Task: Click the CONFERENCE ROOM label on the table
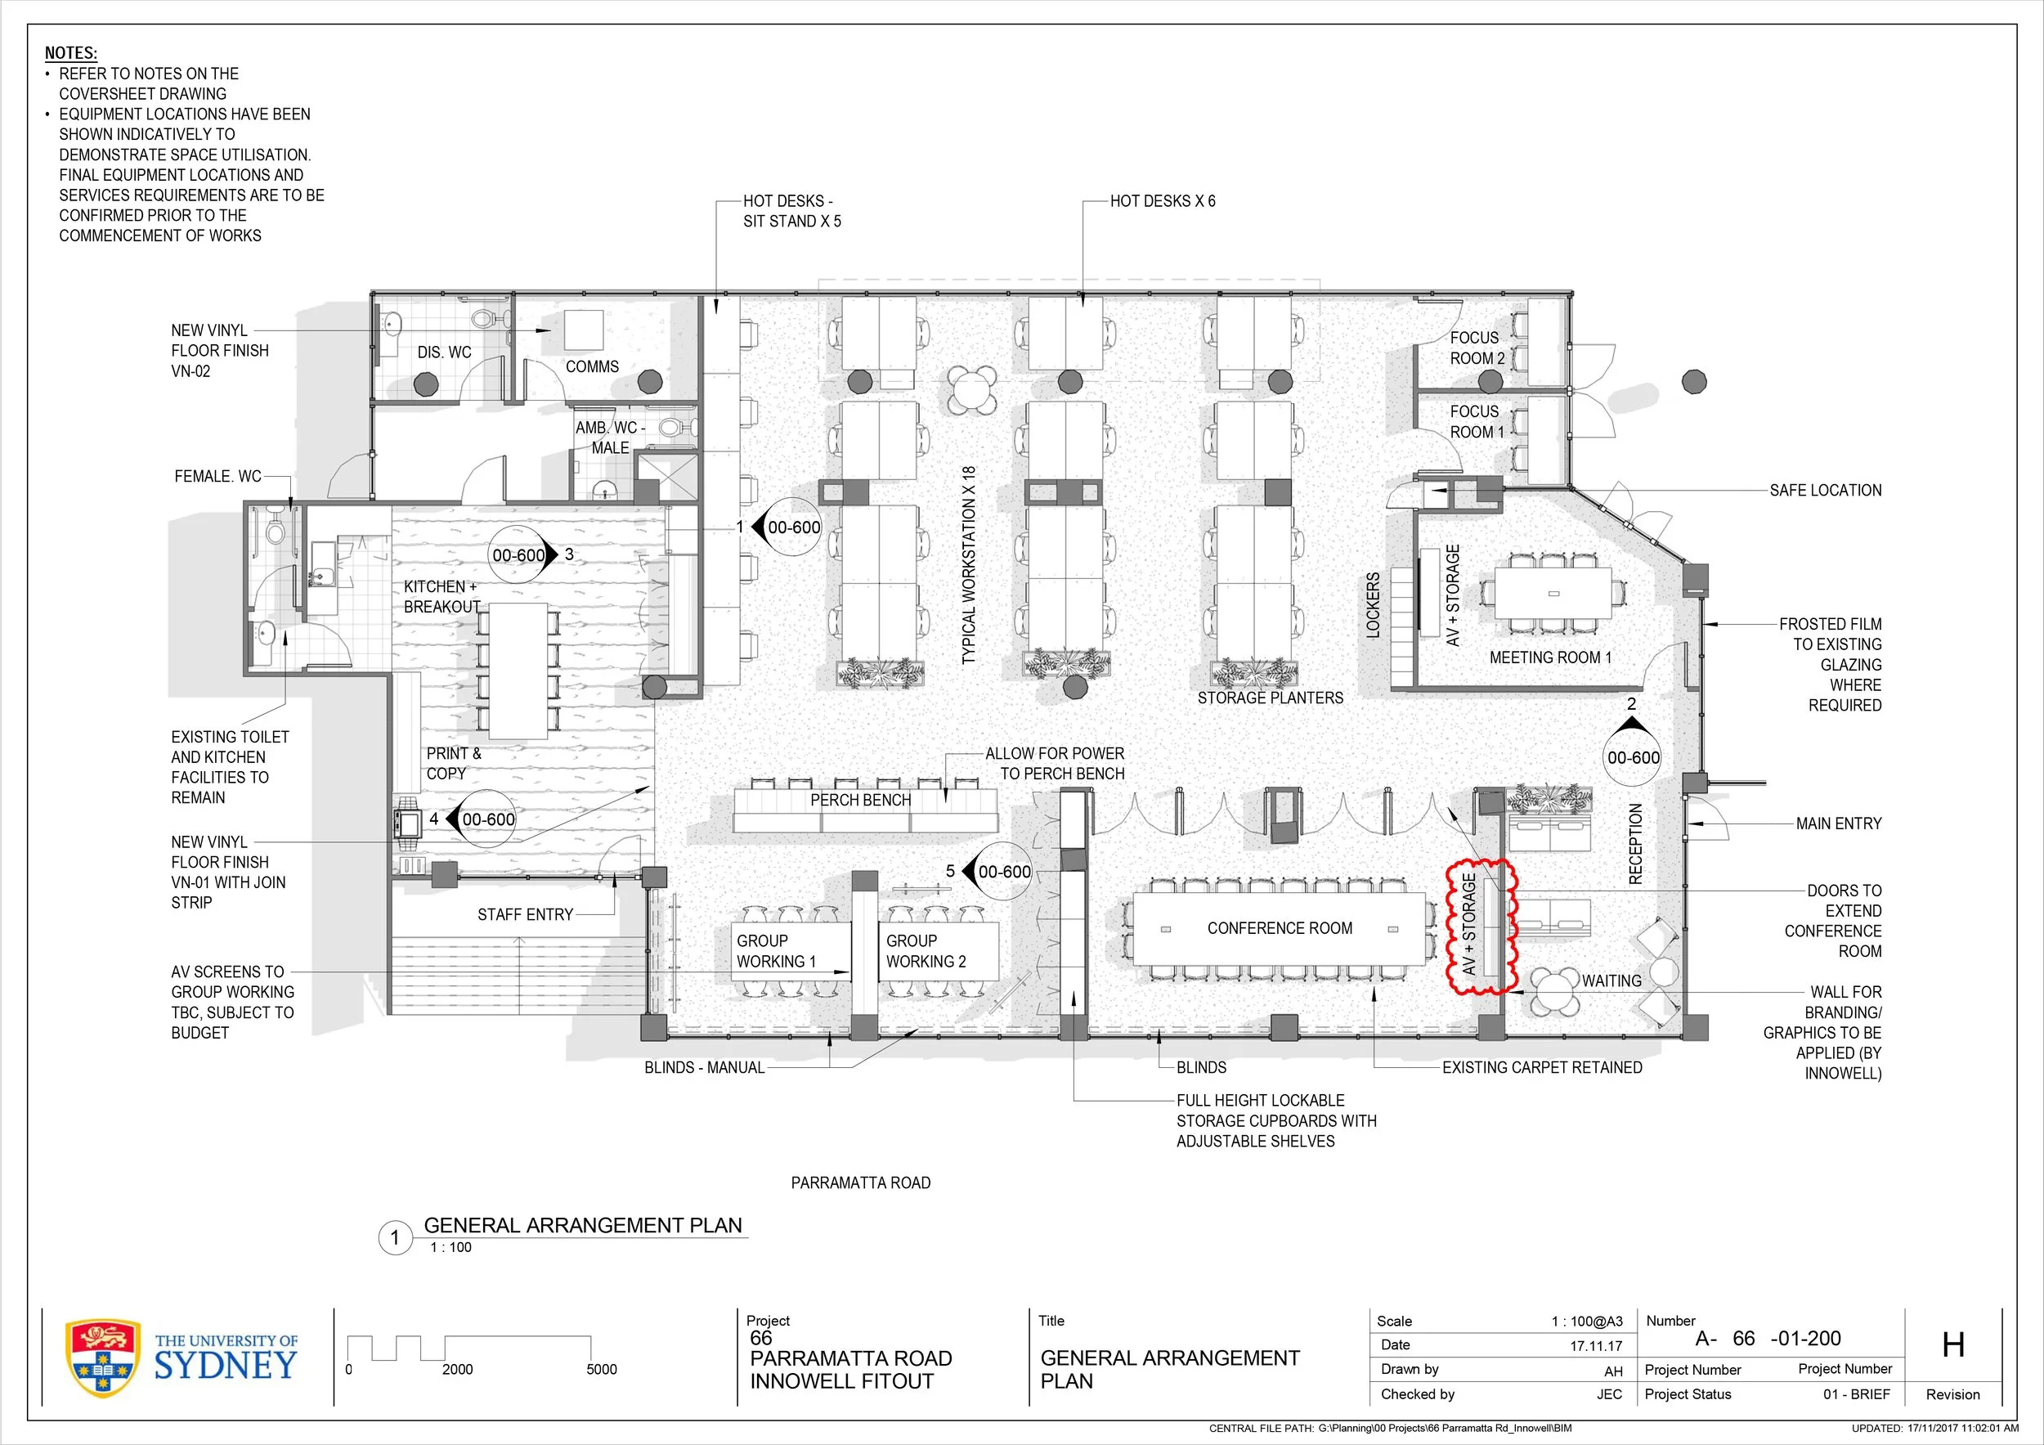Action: [x=1280, y=927]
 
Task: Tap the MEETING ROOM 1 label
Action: [x=1550, y=657]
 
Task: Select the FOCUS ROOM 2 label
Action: [x=1477, y=348]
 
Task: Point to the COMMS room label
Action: [x=592, y=366]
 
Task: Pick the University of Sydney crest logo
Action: [x=103, y=1357]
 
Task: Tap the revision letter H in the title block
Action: [x=1953, y=1344]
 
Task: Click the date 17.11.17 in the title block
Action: [x=1596, y=1346]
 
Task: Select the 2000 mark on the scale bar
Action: [x=458, y=1369]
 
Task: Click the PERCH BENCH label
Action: [x=860, y=800]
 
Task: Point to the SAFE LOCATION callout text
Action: [x=1825, y=490]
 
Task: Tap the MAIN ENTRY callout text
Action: [x=1838, y=823]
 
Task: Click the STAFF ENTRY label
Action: [x=524, y=914]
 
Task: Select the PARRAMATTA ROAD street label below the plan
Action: [x=861, y=1182]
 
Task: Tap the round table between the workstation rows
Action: [x=972, y=389]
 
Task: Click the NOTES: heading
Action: [x=70, y=53]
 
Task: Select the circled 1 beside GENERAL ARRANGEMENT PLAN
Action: [x=395, y=1237]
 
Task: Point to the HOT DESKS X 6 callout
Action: [x=1163, y=201]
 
